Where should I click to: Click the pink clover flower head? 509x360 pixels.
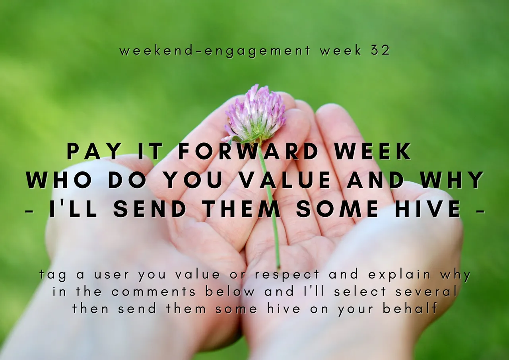(256, 114)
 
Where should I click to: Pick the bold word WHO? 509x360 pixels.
(60, 180)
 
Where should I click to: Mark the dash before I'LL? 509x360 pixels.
(29, 211)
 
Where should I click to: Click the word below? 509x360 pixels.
(230, 291)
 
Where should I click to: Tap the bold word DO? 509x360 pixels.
(126, 180)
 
